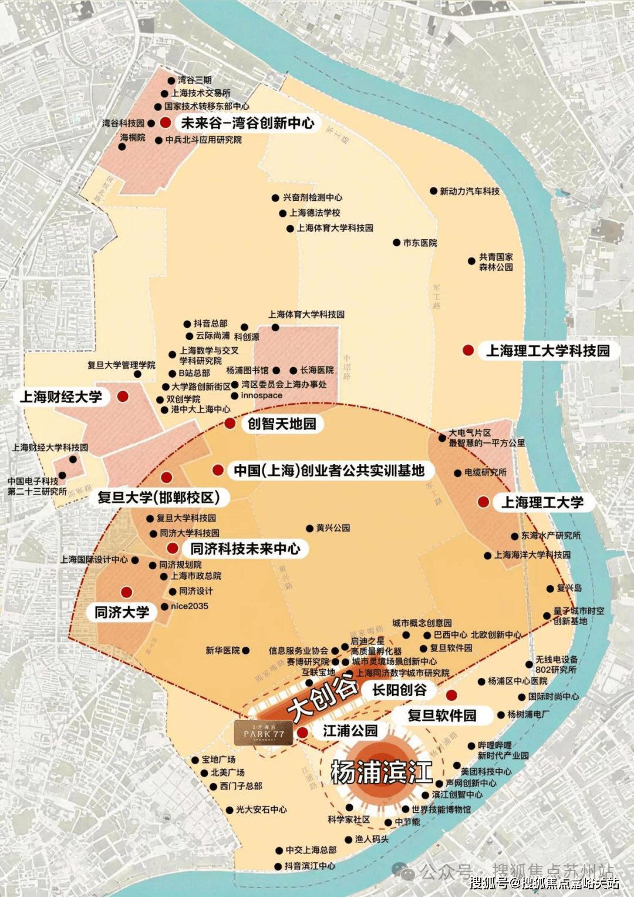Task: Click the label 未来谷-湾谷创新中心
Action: click(247, 123)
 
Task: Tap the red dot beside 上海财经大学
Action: click(123, 397)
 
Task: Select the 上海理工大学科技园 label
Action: click(548, 351)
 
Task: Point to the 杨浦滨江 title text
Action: click(382, 772)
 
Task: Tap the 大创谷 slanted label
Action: click(322, 697)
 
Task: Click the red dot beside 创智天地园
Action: click(230, 424)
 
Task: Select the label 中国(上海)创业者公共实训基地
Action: click(329, 471)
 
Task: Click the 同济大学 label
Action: click(122, 613)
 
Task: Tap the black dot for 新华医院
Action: click(246, 651)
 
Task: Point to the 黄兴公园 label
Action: click(333, 528)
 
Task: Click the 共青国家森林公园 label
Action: click(496, 262)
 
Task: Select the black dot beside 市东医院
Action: click(397, 243)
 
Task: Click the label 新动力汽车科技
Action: click(470, 192)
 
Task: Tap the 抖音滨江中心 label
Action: click(310, 866)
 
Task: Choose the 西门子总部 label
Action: click(241, 786)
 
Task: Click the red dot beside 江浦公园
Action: click(302, 733)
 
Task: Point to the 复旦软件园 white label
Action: click(442, 715)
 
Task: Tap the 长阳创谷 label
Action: click(399, 690)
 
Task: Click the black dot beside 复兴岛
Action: click(550, 589)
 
